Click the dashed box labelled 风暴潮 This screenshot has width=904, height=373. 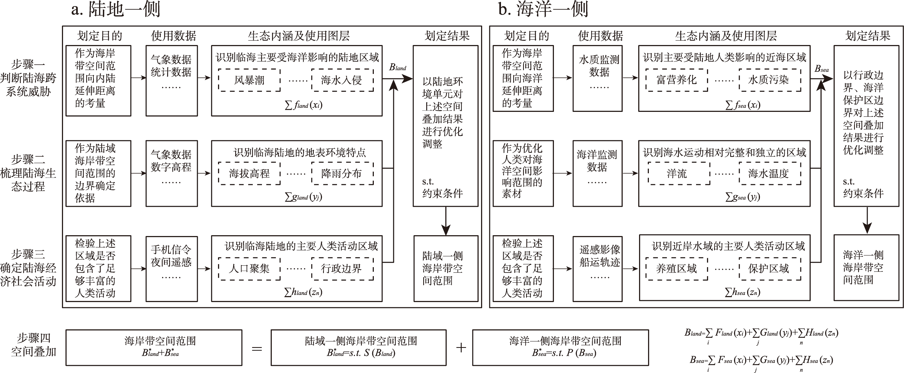pyautogui.click(x=249, y=80)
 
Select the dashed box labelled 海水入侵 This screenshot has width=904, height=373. pyautogui.click(x=342, y=80)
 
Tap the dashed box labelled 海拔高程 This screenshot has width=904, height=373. pyautogui.click(x=249, y=173)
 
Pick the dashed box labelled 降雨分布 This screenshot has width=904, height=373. pyautogui.click(x=342, y=173)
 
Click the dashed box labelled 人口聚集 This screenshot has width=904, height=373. pyautogui.click(x=249, y=269)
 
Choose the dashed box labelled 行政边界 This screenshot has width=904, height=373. pyautogui.click(x=342, y=269)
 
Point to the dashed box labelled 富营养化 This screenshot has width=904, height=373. pyautogui.click(x=676, y=80)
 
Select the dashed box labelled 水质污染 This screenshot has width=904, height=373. pyautogui.click(x=769, y=80)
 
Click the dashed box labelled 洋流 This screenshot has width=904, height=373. pyautogui.click(x=678, y=173)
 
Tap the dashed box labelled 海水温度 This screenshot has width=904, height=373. pyautogui.click(x=769, y=173)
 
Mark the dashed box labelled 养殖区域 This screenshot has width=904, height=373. pyautogui.click(x=676, y=269)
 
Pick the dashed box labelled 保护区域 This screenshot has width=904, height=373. pyautogui.click(x=769, y=269)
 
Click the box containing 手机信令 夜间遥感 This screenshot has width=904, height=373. pyautogui.click(x=172, y=268)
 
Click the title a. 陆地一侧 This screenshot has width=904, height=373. pyautogui.click(x=116, y=10)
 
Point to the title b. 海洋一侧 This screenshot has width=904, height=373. pyautogui.click(x=543, y=10)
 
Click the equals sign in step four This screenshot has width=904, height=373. pyautogui.click(x=257, y=348)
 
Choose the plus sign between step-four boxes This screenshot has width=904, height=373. pyautogui.click(x=461, y=348)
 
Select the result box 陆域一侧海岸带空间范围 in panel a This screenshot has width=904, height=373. pyautogui.click(x=446, y=268)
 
